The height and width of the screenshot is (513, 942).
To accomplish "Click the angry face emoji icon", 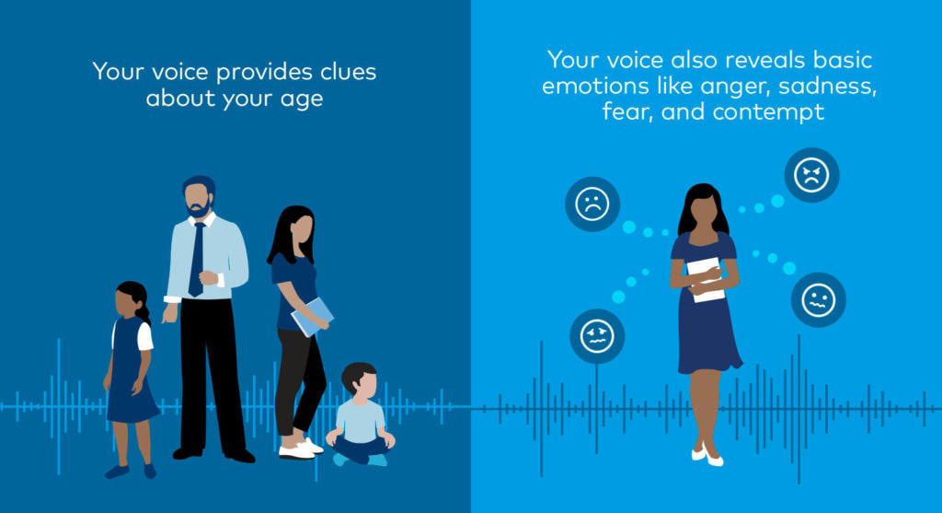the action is pos(811,175).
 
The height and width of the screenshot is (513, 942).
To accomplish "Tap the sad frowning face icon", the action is pos(592,204).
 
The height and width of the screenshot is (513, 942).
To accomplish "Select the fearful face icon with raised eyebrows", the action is pos(597,336).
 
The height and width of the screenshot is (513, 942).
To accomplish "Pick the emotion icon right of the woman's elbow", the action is pos(818,299).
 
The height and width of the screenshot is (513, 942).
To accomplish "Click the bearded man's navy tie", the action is pos(197,260).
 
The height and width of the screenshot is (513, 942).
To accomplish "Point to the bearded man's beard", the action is pos(199,210).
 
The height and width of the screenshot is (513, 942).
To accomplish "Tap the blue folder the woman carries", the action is pos(312,317).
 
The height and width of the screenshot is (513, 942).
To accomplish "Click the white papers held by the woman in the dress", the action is pos(706,279).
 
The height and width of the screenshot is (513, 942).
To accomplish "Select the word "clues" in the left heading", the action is pos(348,72).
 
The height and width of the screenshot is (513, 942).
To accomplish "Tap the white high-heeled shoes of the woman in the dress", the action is pos(707,456).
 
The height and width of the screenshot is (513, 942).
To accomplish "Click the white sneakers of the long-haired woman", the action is pos(301,449).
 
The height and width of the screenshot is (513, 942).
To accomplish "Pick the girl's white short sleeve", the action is pos(144,337).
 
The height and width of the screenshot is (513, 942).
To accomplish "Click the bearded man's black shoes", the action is pos(213,454).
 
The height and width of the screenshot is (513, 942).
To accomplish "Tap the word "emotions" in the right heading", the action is pos(595,87).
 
